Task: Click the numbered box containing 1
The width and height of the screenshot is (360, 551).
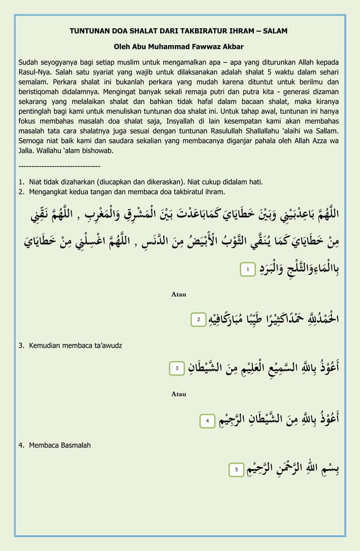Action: [247, 270]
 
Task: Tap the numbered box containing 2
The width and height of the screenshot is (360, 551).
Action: [199, 320]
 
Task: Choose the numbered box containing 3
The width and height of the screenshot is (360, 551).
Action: [177, 369]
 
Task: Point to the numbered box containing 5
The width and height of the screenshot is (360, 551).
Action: [236, 469]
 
